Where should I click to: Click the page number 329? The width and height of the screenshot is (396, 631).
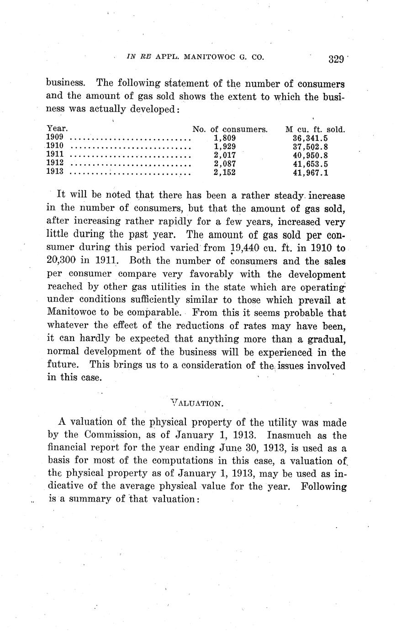(x=335, y=59)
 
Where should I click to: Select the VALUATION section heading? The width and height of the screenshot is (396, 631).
(x=197, y=403)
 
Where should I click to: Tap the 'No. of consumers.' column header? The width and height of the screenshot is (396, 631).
(x=230, y=129)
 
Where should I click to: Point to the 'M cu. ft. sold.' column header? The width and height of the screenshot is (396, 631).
(x=315, y=129)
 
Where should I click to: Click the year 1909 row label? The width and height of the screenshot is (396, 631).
(x=55, y=138)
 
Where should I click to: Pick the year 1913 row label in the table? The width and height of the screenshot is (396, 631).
(x=55, y=172)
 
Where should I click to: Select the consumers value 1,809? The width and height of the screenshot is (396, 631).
(x=225, y=138)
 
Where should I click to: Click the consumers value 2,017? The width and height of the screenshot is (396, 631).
(x=225, y=155)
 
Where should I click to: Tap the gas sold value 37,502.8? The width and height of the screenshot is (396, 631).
(x=310, y=147)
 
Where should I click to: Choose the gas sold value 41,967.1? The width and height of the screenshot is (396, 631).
(x=310, y=173)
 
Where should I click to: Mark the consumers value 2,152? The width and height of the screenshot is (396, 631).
(x=225, y=173)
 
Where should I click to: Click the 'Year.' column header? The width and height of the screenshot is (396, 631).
(x=57, y=129)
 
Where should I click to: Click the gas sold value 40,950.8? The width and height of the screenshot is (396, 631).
(x=310, y=155)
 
